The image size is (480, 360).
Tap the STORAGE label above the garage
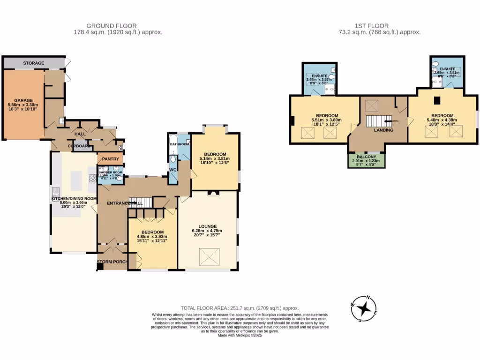tap(34, 63)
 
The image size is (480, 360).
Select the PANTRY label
tap(111, 159)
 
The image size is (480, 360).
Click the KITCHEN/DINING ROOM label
tap(74, 198)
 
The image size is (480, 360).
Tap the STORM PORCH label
tap(112, 262)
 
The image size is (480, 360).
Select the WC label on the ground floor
tap(172, 169)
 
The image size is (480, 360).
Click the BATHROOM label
tap(179, 144)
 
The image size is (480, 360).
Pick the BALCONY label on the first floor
tap(366, 157)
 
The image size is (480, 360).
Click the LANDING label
tap(383, 130)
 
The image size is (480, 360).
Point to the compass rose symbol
tap(364, 308)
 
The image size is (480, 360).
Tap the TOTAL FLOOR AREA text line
tap(240, 308)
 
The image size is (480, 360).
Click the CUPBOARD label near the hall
tap(78, 146)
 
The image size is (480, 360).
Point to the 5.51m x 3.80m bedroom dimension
tap(327, 120)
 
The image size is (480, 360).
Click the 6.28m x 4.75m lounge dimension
tap(207, 231)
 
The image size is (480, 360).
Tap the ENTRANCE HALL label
tap(124, 203)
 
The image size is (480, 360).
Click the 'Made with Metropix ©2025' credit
tap(240, 335)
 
